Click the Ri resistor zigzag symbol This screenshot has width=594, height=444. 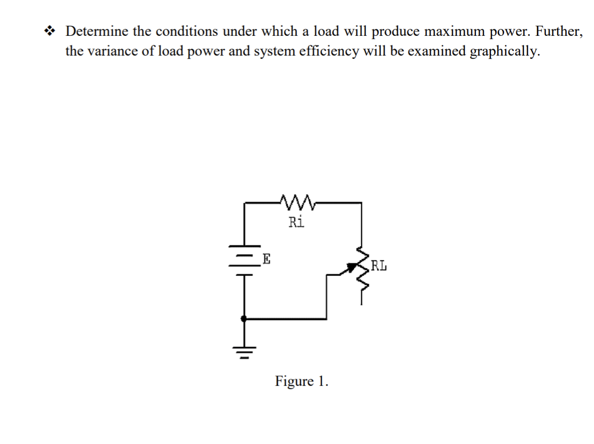point(298,202)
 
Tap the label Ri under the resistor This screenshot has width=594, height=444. point(296,222)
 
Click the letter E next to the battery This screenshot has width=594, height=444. point(266,260)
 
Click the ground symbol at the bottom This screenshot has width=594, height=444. point(245,350)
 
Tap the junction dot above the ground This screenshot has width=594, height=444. point(245,319)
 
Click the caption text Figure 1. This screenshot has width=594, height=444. point(302,381)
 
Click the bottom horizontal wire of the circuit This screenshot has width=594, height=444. point(286,319)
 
